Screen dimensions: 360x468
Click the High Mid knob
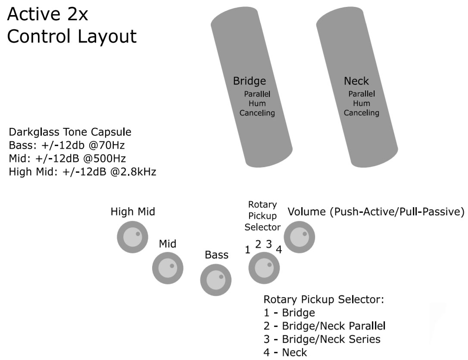pos(133,237)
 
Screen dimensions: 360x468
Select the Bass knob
pos(216,280)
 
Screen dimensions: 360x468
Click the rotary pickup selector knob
pos(263,268)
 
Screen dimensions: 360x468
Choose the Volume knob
pos(300,236)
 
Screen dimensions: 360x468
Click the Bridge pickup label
pos(249,81)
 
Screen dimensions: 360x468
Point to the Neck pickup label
pos(356,81)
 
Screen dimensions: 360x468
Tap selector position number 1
pos(247,250)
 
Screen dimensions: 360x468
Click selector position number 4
pos(279,250)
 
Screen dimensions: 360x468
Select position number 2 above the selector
pos(258,245)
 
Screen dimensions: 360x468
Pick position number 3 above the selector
pos(268,245)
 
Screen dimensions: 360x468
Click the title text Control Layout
pos(72,37)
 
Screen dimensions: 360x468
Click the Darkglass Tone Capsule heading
pos(70,132)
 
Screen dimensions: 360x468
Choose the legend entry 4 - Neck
pos(285,353)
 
